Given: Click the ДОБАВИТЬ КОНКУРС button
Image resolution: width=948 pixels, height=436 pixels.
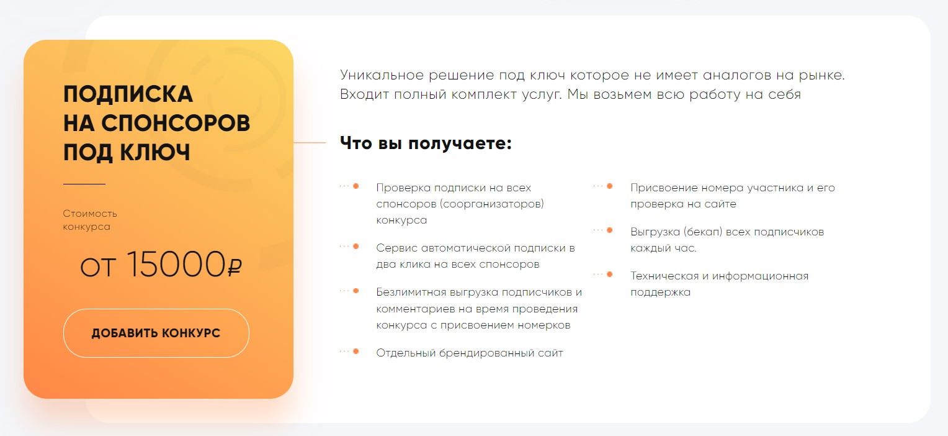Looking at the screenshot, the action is pyautogui.click(x=156, y=333).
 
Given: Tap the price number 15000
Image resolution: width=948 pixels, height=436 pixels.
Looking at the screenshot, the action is pyautogui.click(x=176, y=265).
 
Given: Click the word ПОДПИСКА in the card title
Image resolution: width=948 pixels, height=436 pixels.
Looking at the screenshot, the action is pyautogui.click(x=128, y=94).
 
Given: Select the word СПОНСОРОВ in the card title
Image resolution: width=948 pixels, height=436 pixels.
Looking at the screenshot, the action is pyautogui.click(x=176, y=123).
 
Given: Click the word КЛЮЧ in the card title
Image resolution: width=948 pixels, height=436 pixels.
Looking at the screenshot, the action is pyautogui.click(x=155, y=152).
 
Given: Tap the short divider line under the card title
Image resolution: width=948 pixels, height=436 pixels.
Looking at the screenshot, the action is pyautogui.click(x=84, y=184).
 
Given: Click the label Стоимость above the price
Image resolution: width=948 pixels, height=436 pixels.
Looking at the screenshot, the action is pyautogui.click(x=90, y=213).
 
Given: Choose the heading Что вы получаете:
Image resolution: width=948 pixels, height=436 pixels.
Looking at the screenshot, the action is pyautogui.click(x=426, y=143).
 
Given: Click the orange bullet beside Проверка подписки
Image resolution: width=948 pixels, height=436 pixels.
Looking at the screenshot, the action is pyautogui.click(x=356, y=186).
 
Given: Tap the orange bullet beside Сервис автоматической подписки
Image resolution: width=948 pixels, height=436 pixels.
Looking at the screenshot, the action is pyautogui.click(x=356, y=246).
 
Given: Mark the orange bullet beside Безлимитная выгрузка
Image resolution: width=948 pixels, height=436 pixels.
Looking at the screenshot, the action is pyautogui.click(x=356, y=291).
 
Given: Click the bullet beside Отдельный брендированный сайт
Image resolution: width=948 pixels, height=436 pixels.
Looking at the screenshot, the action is pyautogui.click(x=356, y=352).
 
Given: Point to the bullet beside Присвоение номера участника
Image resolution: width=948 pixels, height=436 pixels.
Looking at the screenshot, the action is pyautogui.click(x=610, y=186).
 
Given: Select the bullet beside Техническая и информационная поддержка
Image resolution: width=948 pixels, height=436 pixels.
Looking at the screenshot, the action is pyautogui.click(x=610, y=274).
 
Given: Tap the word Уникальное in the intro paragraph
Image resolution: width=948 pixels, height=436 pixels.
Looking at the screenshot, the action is pyautogui.click(x=382, y=75).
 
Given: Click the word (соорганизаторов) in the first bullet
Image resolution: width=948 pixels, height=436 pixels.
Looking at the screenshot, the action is pyautogui.click(x=492, y=204).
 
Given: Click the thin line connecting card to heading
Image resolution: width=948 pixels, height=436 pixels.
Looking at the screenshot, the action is pyautogui.click(x=310, y=143).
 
